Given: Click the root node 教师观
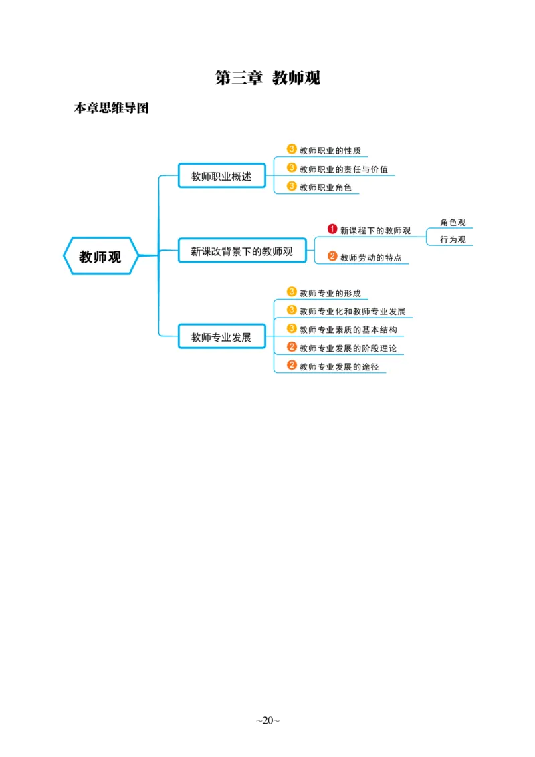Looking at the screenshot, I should (x=100, y=257).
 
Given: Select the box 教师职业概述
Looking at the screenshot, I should (x=221, y=176).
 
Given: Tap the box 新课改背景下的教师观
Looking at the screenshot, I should (x=241, y=251).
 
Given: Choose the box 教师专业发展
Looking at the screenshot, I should (x=221, y=337).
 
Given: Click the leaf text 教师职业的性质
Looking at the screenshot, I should (x=330, y=151).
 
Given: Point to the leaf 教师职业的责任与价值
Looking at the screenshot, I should (x=343, y=169).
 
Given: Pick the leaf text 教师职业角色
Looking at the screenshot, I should (x=325, y=187).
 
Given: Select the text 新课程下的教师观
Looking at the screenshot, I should (x=375, y=231).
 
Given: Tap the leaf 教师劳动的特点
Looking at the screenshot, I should (x=370, y=257).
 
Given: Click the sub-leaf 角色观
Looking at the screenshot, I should (x=453, y=223).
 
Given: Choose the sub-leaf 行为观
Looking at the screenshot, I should (x=453, y=239).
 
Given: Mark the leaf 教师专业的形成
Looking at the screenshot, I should (x=330, y=293).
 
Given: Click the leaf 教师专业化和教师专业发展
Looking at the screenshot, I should (x=352, y=311).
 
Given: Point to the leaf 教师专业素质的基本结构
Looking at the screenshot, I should (x=348, y=330).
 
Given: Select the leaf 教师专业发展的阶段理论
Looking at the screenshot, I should (x=348, y=348).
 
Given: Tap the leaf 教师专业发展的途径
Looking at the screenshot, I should (x=338, y=366).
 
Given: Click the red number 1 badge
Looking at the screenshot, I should (x=332, y=229).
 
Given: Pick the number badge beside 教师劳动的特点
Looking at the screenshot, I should (x=332, y=256).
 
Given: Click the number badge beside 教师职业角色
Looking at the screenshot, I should (x=292, y=186).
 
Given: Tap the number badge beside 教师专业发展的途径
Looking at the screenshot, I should (x=292, y=365).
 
